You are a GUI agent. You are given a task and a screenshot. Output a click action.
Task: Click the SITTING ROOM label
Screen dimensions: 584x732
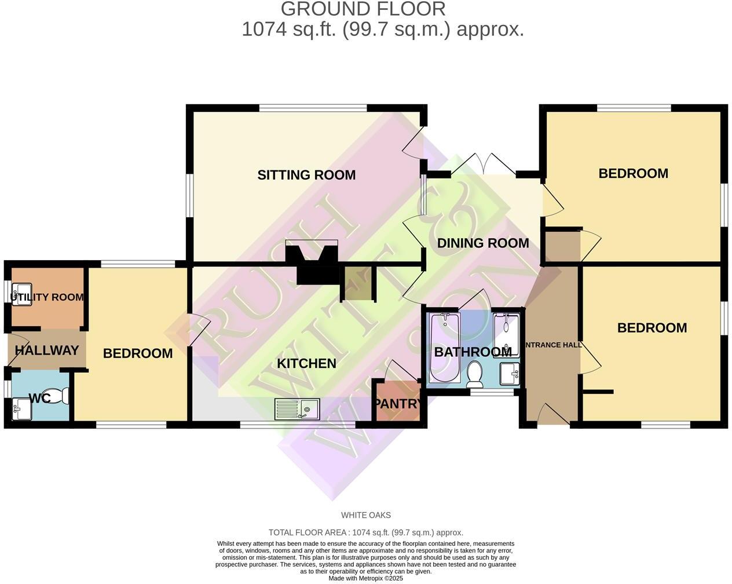(306, 175)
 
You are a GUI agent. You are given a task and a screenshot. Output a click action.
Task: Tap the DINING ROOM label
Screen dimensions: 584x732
(482, 243)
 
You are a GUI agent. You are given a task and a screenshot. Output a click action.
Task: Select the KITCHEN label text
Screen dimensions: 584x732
(306, 364)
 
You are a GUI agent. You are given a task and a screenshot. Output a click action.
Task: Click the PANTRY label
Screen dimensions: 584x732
(397, 403)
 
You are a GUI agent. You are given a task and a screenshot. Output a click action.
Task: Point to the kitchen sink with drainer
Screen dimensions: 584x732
(297, 409)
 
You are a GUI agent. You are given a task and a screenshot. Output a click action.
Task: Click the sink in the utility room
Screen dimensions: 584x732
(22, 293)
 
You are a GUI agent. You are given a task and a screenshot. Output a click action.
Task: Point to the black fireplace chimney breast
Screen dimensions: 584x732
(313, 264)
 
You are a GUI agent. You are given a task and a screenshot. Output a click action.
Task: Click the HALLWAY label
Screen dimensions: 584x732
(46, 351)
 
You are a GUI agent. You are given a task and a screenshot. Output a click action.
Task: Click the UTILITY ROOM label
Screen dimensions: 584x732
(47, 298)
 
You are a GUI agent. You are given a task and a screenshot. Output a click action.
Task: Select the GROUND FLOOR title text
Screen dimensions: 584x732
(363, 9)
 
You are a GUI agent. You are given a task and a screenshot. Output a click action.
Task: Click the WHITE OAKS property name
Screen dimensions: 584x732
(365, 515)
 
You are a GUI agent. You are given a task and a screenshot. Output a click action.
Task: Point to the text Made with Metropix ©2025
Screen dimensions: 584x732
(365, 578)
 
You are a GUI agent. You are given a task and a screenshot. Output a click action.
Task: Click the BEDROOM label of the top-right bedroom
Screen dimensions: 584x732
(633, 174)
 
